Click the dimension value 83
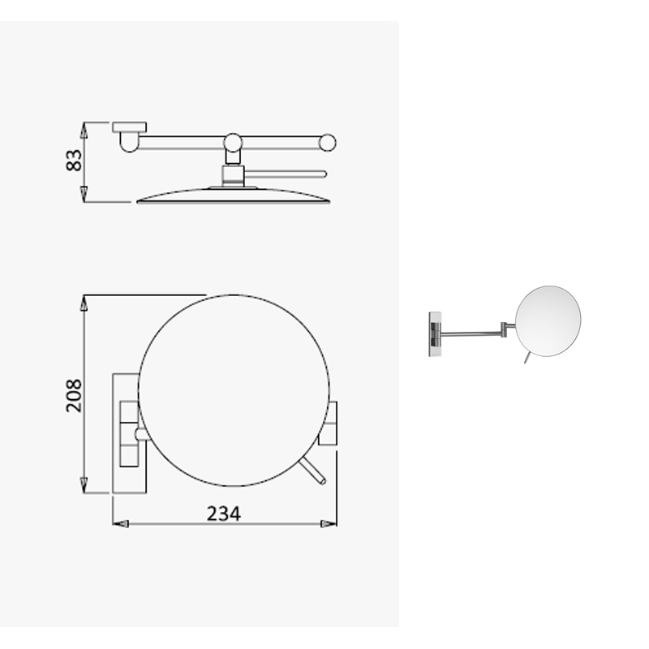coord(74,160)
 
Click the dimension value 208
coord(74,395)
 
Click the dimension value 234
coord(224,514)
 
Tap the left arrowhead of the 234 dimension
coord(120,524)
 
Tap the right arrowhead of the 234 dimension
coord(329,524)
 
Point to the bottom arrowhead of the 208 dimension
coord(84,485)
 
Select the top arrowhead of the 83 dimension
coord(84,130)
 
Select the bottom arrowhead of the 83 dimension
coord(84,194)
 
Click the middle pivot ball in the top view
coord(233,143)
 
